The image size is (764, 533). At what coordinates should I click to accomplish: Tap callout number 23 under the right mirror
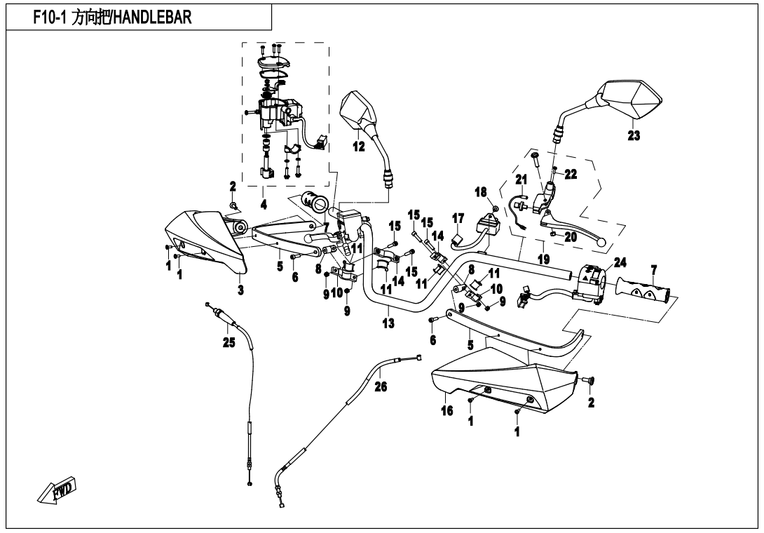634,136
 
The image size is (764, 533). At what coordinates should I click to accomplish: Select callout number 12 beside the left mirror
359,147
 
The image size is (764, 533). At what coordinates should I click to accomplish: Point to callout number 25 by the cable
227,342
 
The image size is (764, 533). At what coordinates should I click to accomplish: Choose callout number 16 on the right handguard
446,412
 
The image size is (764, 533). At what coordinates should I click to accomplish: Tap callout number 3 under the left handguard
240,290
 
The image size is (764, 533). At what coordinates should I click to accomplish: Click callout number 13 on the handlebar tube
388,323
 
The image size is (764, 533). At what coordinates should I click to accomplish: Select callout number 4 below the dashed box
264,205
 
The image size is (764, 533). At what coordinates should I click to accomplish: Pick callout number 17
457,219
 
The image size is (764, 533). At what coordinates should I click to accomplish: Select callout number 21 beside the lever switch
520,180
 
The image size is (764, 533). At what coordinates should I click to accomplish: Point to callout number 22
571,175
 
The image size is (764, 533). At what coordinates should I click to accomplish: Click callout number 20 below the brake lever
570,237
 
